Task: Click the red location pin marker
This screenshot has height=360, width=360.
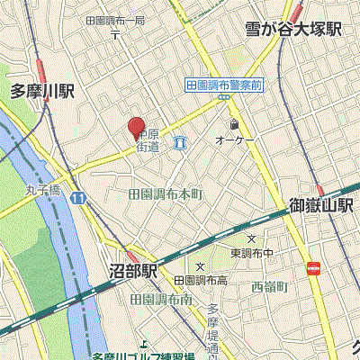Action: (x=135, y=129)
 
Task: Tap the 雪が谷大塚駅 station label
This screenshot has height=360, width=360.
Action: (x=293, y=30)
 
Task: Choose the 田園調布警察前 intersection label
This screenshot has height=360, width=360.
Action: (x=223, y=84)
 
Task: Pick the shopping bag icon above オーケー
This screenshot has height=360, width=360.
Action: (x=234, y=124)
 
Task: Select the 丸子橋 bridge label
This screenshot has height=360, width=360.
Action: (x=42, y=190)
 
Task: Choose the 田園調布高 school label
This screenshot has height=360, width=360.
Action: (x=200, y=281)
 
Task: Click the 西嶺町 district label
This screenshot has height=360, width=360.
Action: (x=268, y=287)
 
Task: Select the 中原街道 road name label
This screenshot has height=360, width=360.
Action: (x=148, y=140)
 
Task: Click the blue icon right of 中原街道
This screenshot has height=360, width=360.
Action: (x=180, y=142)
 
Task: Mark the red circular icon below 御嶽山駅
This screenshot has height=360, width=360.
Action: (x=313, y=267)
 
